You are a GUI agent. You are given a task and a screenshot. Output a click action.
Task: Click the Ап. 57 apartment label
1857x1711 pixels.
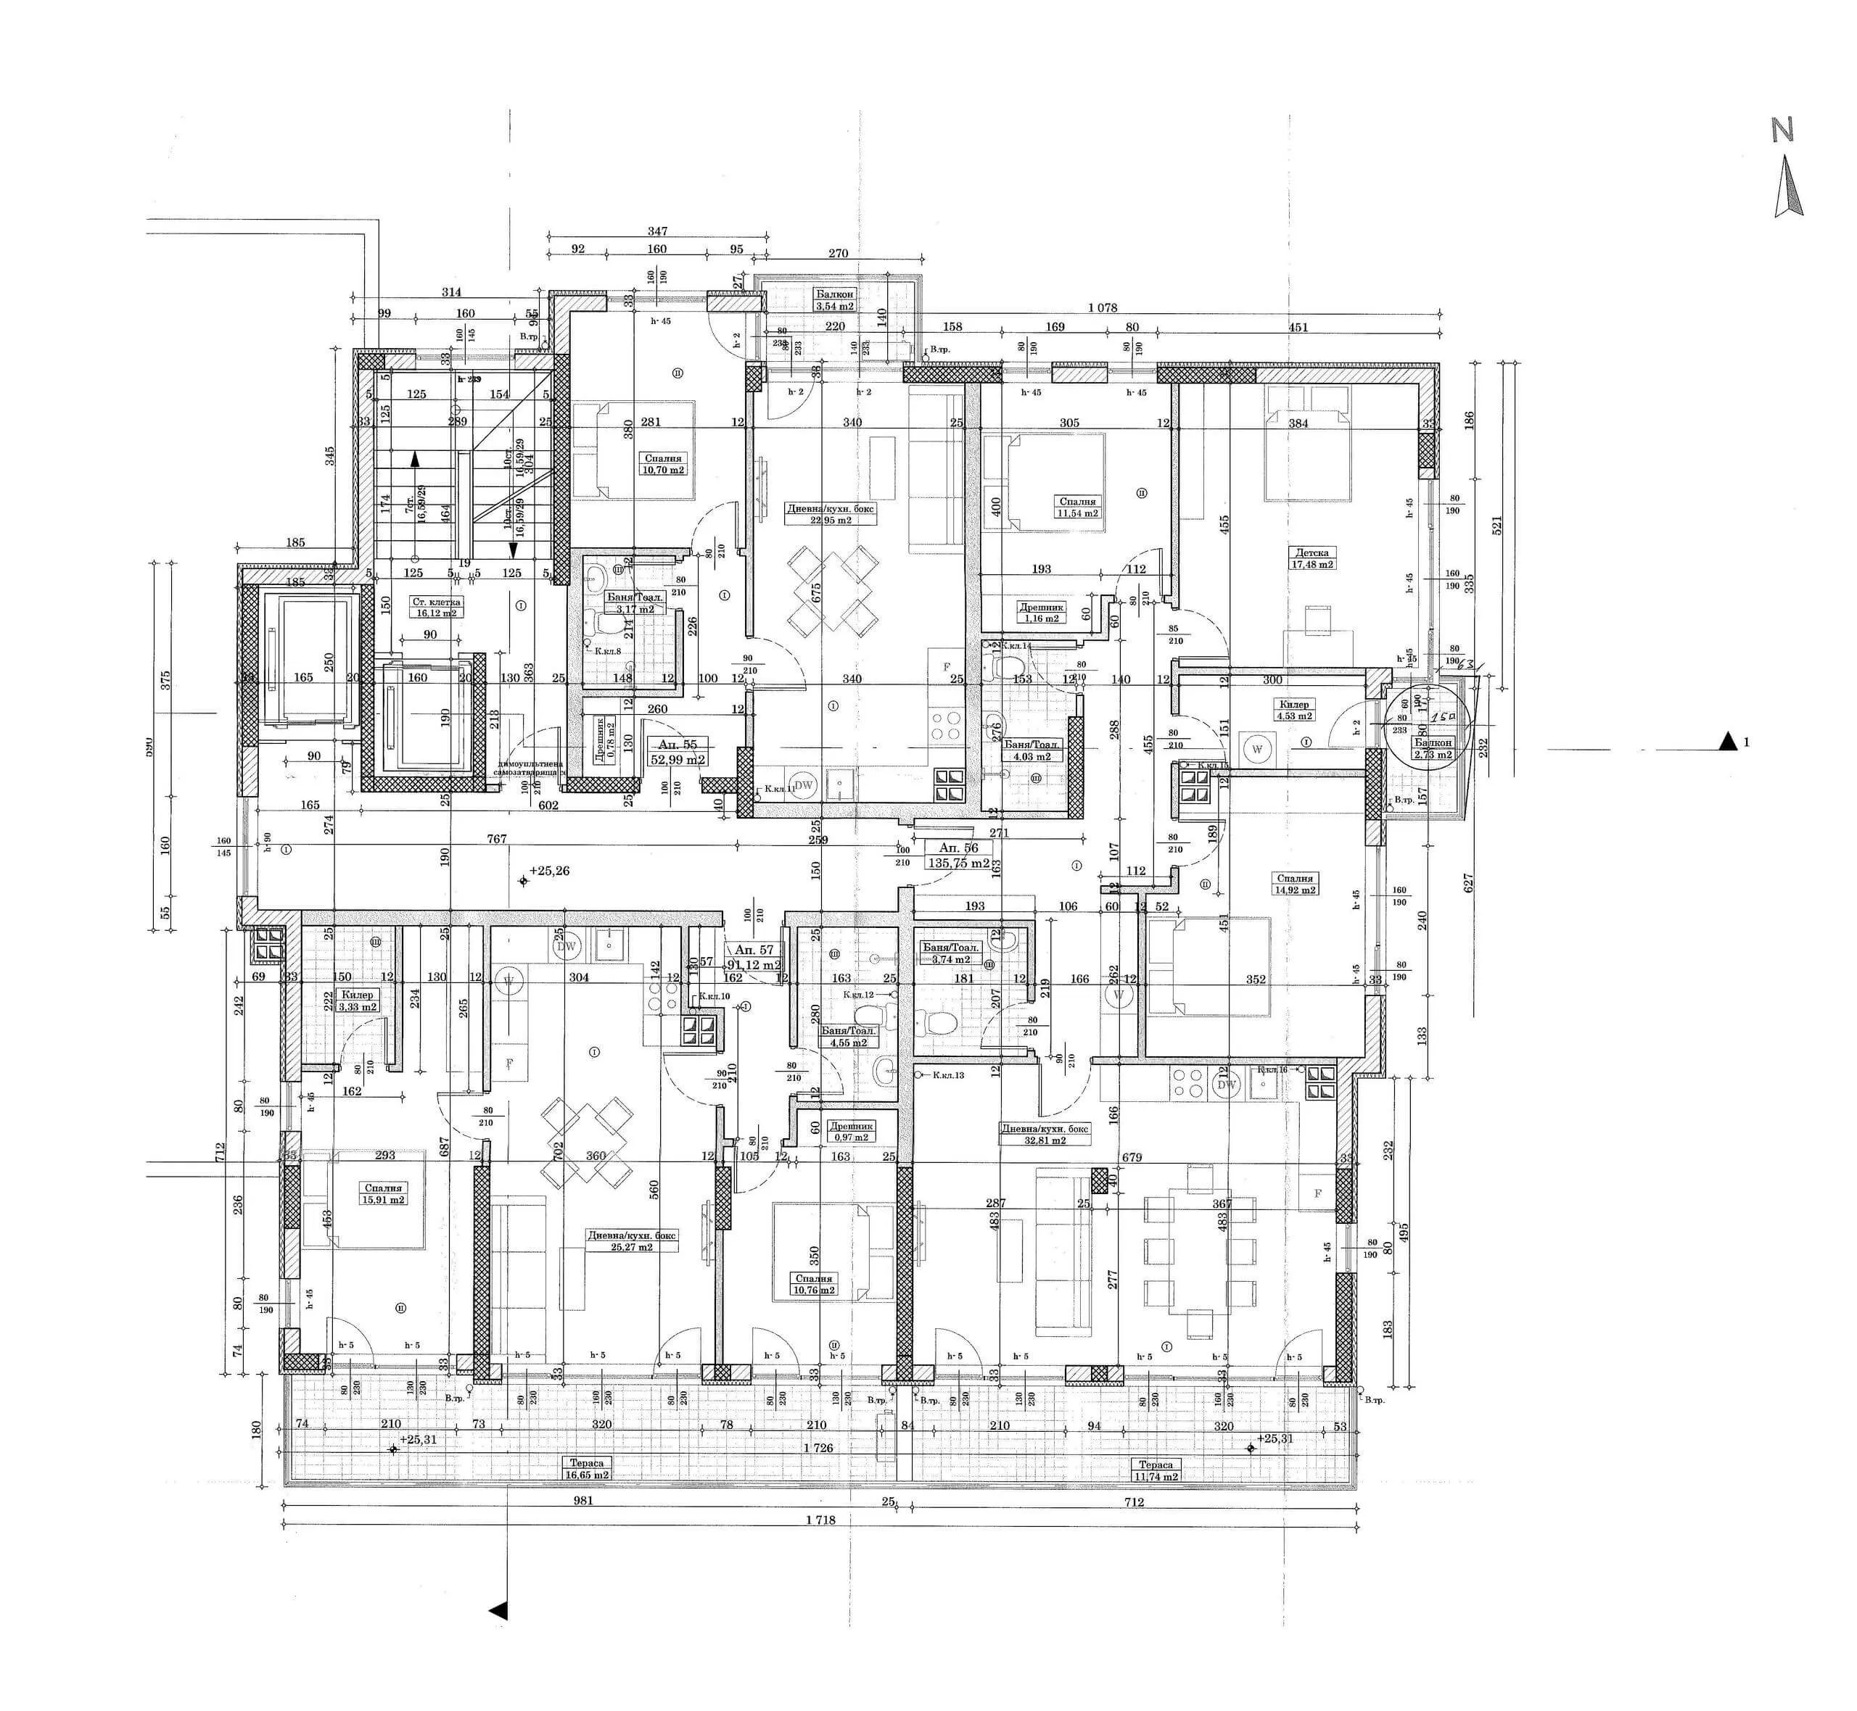(754, 950)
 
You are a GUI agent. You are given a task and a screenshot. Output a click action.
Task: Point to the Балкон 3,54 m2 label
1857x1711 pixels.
(834, 300)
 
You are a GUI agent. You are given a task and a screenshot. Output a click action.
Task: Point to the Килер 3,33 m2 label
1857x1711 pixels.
(358, 1000)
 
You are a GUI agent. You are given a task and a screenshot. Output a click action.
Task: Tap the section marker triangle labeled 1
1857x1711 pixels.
(1727, 741)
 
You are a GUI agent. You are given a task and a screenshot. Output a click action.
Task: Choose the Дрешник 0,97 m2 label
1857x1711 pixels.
(850, 1132)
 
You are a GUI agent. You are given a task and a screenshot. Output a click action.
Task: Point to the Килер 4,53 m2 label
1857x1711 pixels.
(1294, 710)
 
